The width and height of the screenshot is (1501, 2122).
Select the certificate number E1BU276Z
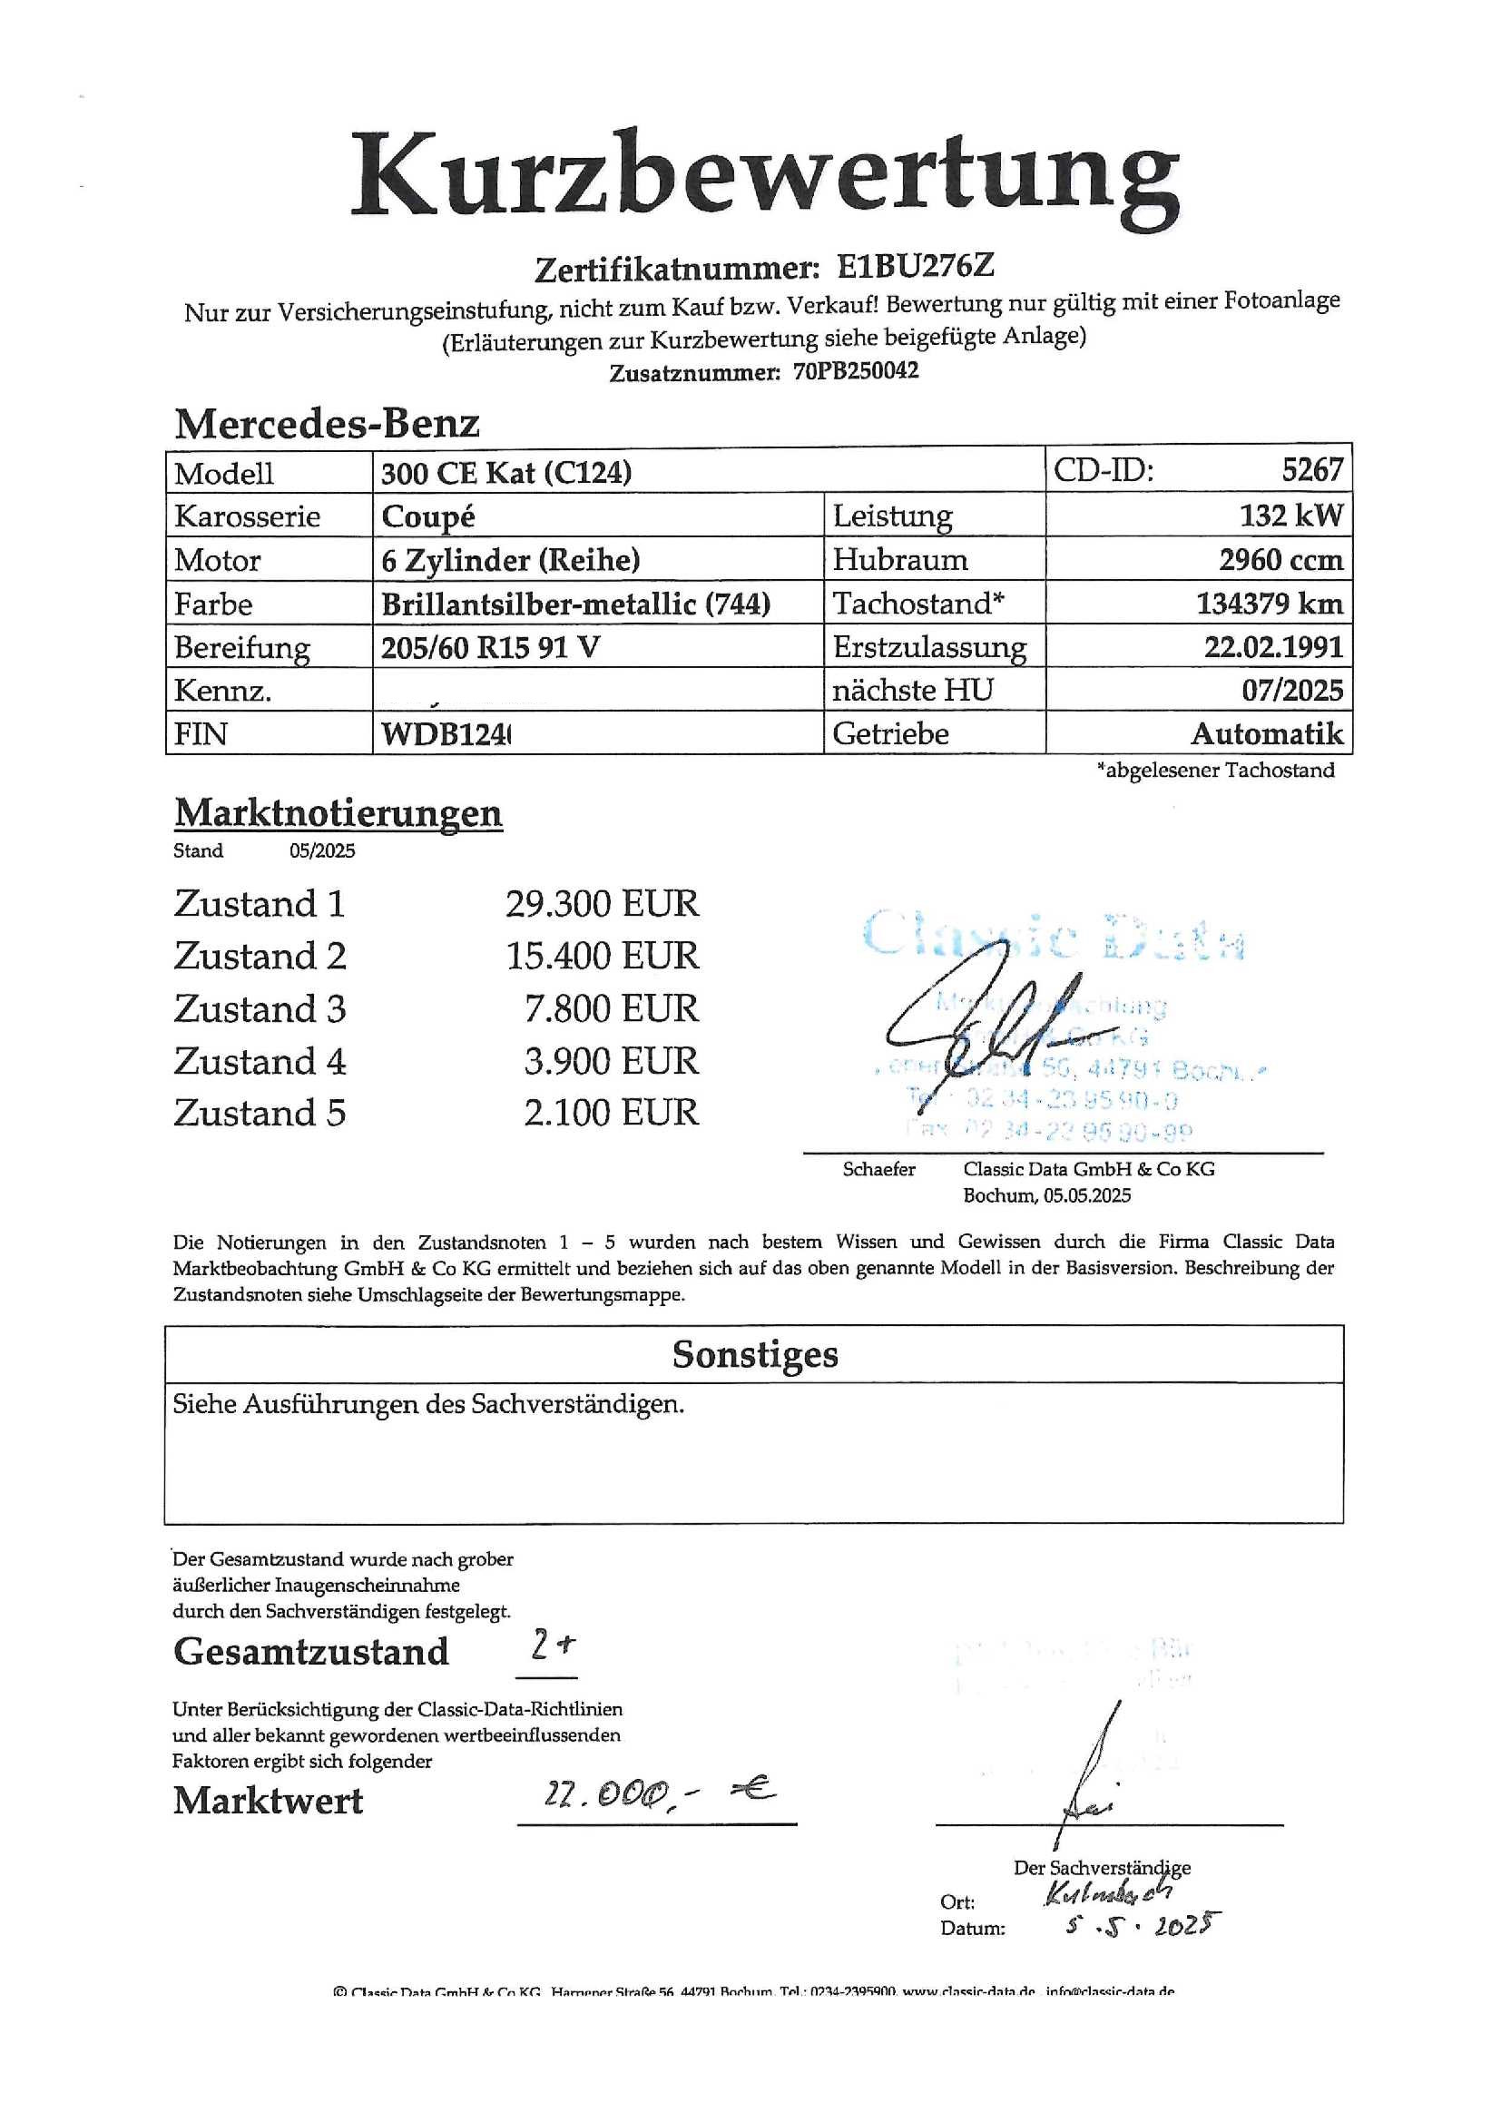915,267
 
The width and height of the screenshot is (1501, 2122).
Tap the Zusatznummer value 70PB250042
855,371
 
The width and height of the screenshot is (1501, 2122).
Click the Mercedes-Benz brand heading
328,424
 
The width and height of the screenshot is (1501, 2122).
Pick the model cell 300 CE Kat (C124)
506,473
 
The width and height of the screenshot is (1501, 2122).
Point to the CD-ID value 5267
1311,469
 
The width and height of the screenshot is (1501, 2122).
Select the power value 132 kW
1290,516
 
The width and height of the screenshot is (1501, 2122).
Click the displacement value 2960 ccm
1280,560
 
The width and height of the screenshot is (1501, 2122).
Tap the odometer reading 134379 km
1269,604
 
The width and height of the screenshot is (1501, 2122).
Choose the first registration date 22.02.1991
1272,647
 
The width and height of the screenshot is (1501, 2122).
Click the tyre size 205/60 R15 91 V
490,647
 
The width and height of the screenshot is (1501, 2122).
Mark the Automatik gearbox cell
1266,734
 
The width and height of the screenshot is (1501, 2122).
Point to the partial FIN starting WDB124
446,735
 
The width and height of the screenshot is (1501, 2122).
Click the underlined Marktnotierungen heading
338,813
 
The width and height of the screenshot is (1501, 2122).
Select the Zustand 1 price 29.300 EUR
602,904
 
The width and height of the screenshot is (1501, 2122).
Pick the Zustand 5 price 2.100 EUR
611,1113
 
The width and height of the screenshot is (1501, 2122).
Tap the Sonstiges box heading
754,1355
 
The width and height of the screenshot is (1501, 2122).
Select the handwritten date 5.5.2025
1143,1926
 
